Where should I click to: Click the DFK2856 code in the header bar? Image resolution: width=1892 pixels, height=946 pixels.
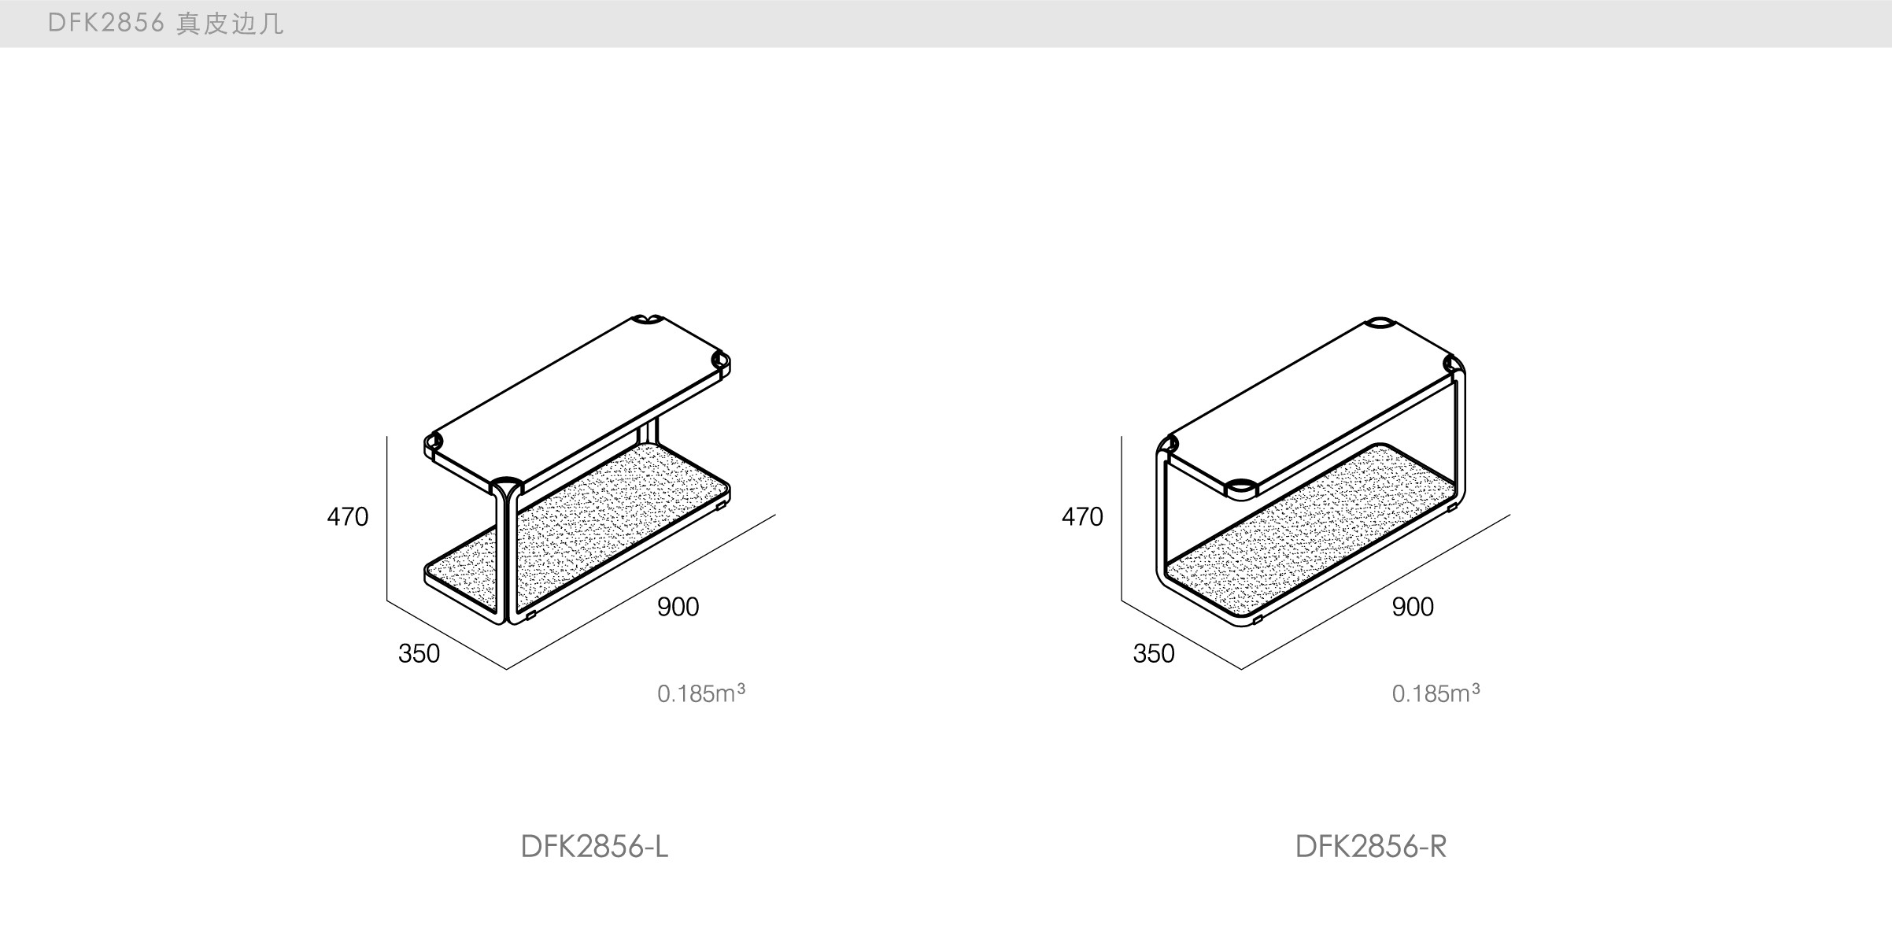pyautogui.click(x=105, y=24)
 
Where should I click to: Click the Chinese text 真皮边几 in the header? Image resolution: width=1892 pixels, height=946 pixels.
pyautogui.click(x=230, y=24)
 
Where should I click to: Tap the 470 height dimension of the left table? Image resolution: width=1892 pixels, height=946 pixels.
pyautogui.click(x=348, y=517)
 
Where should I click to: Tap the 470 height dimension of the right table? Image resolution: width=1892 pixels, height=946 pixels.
pyautogui.click(x=1082, y=517)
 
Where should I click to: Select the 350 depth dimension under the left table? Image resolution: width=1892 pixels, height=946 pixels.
pyautogui.click(x=419, y=654)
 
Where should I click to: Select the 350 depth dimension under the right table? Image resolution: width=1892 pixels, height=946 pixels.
pyautogui.click(x=1153, y=654)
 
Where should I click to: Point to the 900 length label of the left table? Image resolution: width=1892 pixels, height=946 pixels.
pyautogui.click(x=678, y=607)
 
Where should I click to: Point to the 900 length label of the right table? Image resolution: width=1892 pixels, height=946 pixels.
pyautogui.click(x=1412, y=607)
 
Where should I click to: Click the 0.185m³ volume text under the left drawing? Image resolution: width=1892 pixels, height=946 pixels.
pyautogui.click(x=700, y=693)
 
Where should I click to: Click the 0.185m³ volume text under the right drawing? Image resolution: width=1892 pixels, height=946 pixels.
pyautogui.click(x=1435, y=693)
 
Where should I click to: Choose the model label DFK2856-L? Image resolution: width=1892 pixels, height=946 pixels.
pyautogui.click(x=594, y=847)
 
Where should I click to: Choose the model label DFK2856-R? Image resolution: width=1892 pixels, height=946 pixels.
pyautogui.click(x=1370, y=847)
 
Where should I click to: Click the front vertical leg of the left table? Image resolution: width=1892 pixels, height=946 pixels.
pyautogui.click(x=505, y=559)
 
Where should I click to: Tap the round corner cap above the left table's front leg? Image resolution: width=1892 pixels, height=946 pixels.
pyautogui.click(x=505, y=482)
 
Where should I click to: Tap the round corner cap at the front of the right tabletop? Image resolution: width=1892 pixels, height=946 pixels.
pyautogui.click(x=1241, y=486)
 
